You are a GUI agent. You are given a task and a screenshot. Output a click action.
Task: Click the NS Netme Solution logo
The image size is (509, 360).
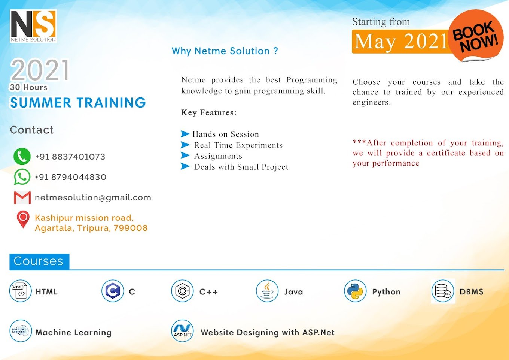33,26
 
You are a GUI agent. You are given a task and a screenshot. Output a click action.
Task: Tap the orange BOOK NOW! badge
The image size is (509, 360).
475,36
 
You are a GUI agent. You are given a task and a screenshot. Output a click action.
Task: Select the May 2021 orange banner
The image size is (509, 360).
400,42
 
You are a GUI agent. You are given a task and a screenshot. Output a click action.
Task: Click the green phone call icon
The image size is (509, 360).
22,157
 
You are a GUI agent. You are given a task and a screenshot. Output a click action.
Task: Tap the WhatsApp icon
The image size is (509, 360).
22,177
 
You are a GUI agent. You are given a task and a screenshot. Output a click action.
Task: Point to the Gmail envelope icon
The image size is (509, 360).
22,197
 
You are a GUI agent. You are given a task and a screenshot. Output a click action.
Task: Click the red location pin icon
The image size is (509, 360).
23,219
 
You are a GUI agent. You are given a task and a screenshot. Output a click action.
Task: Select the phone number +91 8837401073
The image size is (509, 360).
70,157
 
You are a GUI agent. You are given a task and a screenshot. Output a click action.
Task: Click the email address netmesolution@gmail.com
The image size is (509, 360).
93,197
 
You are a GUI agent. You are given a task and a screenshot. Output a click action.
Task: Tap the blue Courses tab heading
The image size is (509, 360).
39,261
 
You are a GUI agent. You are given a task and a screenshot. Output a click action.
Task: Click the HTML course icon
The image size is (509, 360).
20,291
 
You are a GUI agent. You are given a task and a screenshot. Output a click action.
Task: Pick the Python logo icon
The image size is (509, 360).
355,291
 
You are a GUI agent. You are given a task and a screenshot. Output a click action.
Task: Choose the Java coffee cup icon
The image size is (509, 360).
267,291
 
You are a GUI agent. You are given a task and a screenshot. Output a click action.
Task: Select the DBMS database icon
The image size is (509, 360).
443,291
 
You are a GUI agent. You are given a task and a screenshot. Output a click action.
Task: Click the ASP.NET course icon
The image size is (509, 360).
182,331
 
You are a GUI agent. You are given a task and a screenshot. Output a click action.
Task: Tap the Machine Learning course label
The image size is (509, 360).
73,332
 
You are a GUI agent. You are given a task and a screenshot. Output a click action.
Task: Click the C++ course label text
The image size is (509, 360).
208,292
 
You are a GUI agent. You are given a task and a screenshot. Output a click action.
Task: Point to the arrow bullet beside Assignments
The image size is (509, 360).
185,155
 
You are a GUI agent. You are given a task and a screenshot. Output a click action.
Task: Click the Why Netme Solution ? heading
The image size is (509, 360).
225,51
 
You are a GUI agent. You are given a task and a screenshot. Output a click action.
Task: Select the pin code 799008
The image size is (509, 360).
131,228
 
